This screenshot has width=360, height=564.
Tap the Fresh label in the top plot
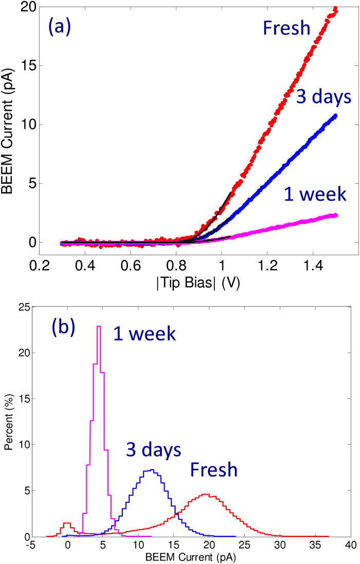tap(286, 28)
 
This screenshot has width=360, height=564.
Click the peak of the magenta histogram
tap(98, 326)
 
